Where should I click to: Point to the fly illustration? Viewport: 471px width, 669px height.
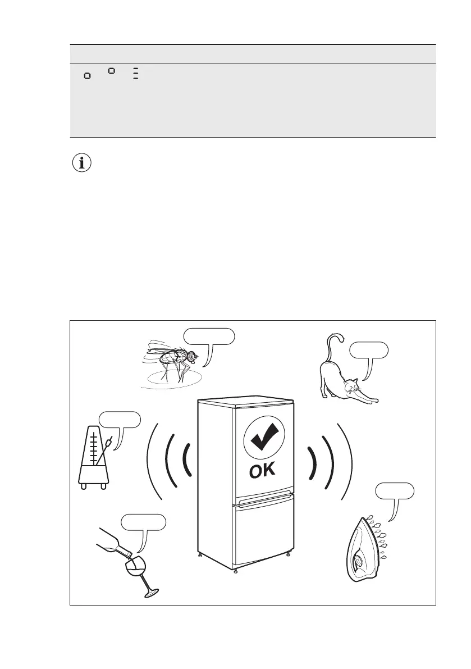tap(170, 362)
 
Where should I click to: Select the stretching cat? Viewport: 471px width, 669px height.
tap(342, 382)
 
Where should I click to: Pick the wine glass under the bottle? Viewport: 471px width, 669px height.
tap(135, 570)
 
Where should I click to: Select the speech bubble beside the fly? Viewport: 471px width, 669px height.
tap(209, 336)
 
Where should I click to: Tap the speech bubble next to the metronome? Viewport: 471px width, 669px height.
tap(120, 420)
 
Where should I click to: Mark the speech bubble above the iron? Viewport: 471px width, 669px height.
tap(395, 491)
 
